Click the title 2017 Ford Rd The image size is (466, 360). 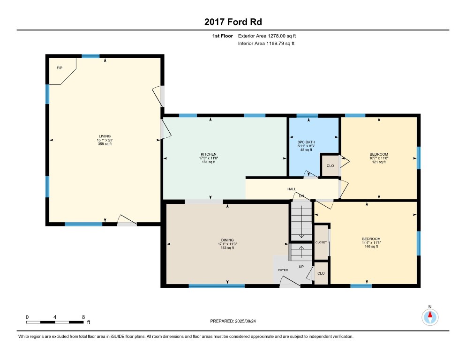[233, 22]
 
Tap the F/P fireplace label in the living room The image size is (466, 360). [60, 68]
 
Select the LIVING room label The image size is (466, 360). [105, 136]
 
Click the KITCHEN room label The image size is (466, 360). [209, 154]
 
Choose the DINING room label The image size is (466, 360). [227, 240]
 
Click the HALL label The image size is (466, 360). [292, 189]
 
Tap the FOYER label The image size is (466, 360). [283, 270]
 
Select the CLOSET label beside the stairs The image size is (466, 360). [321, 242]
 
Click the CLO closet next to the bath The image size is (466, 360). [330, 166]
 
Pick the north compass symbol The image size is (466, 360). [430, 317]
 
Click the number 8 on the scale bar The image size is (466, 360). [83, 317]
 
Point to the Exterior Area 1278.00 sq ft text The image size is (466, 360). [267, 36]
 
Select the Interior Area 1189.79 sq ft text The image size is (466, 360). [266, 44]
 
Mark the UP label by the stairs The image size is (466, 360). [301, 267]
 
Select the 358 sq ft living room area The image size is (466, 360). [105, 144]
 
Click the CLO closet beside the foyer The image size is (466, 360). [321, 273]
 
